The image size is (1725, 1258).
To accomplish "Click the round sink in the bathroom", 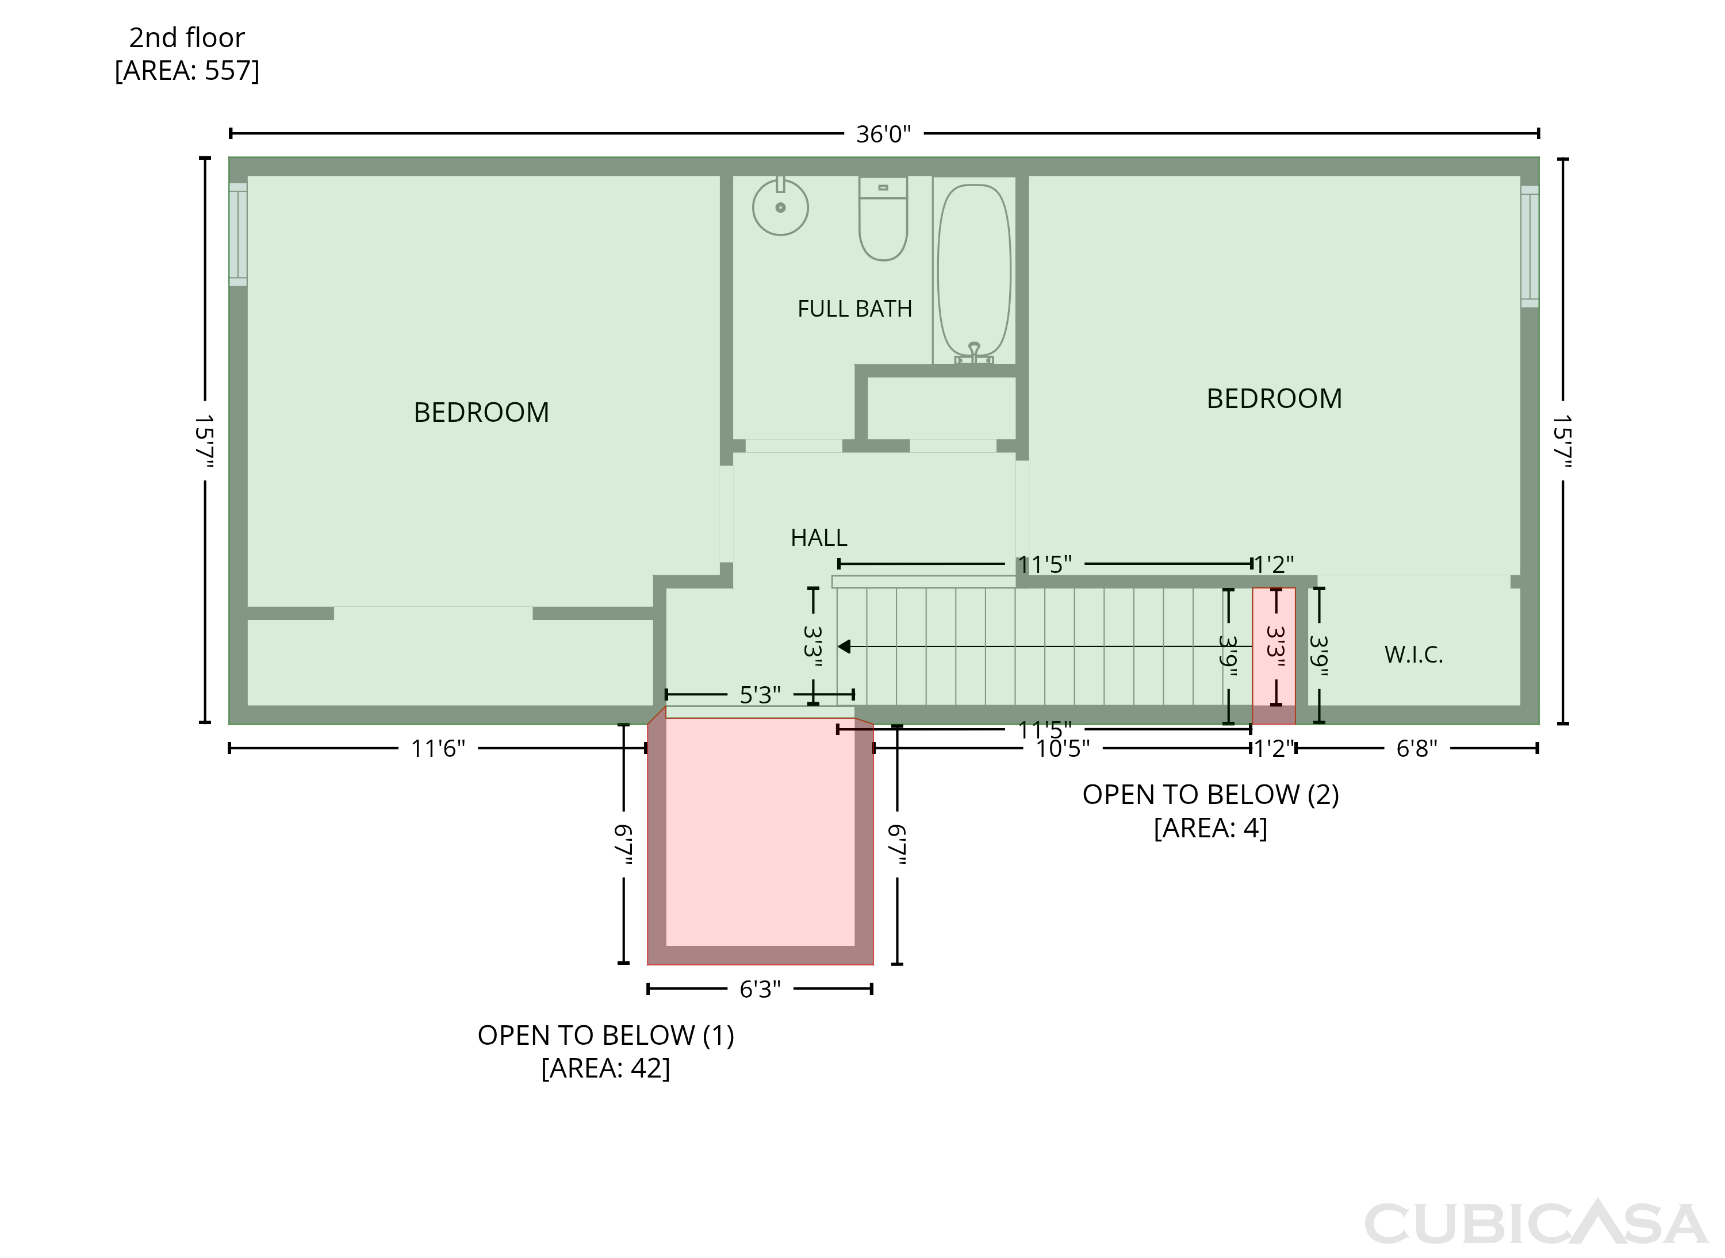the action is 780,206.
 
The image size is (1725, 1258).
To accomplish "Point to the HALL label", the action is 818,537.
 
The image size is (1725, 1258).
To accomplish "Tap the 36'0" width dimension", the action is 883,134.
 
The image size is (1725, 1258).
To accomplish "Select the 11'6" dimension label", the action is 438,749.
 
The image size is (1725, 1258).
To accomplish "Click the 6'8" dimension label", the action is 1416,749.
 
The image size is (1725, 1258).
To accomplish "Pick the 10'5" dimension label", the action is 1062,749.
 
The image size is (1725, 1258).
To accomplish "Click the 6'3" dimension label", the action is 760,989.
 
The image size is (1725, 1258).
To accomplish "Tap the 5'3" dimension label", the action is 760,694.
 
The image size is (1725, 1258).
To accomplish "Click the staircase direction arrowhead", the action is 844,647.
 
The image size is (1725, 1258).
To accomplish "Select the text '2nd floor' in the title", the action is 187,37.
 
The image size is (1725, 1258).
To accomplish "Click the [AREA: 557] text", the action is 187,70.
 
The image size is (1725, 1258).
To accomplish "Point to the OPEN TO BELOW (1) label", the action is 605,1035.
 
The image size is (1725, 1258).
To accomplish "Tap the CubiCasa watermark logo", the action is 1536,1223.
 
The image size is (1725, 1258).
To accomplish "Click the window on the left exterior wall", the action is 237,234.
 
